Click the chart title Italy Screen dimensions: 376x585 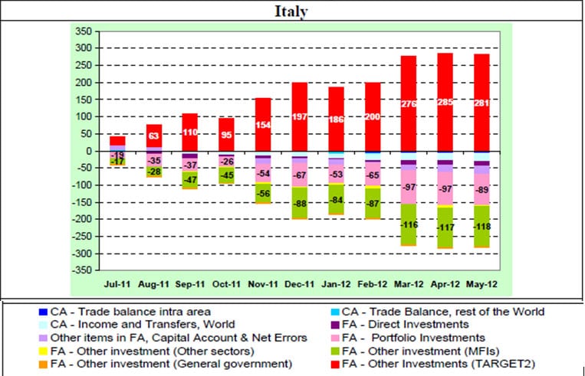(x=292, y=11)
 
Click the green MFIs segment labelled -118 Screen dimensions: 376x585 (x=481, y=226)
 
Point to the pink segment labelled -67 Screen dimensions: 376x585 (x=300, y=175)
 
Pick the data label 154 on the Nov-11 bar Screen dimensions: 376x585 (x=263, y=125)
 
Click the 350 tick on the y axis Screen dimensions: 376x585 (x=82, y=31)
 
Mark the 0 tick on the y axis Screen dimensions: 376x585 (x=87, y=151)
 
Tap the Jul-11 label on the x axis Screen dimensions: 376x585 (x=118, y=283)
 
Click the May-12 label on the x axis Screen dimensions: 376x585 (x=481, y=283)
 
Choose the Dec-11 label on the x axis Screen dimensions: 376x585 (x=299, y=283)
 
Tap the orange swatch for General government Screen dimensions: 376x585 (x=41, y=363)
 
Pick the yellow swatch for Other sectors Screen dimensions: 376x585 (x=41, y=350)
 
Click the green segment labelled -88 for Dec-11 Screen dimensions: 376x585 (x=300, y=203)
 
